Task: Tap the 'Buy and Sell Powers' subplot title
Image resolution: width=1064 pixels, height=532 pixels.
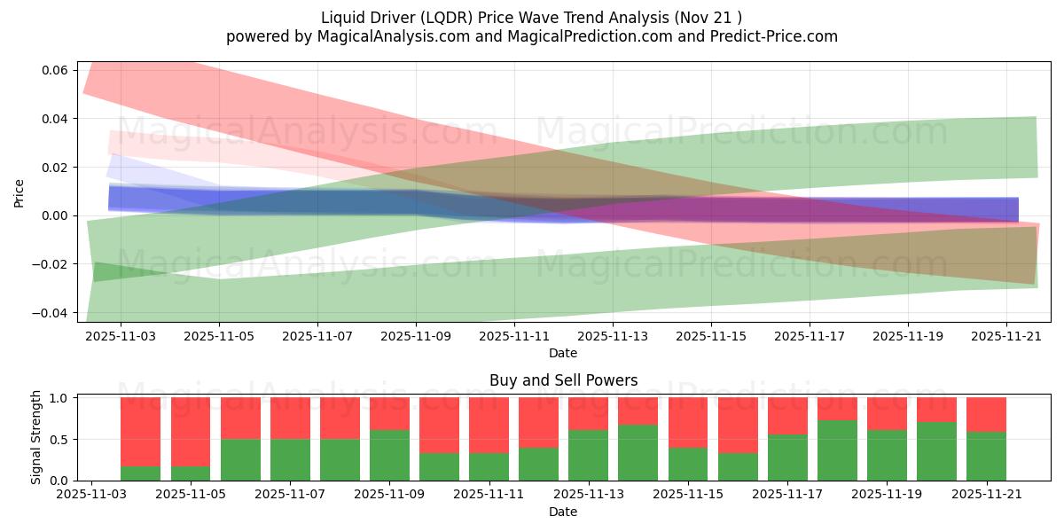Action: (563, 380)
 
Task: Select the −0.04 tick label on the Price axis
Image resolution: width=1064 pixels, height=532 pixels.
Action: (50, 313)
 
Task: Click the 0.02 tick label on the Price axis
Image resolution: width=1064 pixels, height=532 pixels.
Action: (55, 168)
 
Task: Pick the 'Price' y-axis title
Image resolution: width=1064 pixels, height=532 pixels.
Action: (19, 193)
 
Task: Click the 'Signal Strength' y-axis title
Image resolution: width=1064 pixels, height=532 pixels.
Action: (36, 437)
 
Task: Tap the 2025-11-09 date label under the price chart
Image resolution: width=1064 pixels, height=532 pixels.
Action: (416, 336)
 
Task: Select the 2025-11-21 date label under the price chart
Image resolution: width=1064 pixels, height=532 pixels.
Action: (1006, 336)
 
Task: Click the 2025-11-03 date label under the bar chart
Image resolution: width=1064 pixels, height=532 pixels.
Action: (91, 495)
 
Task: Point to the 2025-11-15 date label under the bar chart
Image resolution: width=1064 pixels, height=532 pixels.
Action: (688, 495)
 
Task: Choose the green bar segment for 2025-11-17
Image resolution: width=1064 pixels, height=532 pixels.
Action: (787, 458)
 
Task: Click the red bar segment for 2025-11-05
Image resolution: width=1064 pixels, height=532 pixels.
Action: (191, 433)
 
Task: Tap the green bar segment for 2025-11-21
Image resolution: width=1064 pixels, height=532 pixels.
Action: (986, 457)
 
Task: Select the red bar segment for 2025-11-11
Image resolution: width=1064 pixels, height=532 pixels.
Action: (489, 426)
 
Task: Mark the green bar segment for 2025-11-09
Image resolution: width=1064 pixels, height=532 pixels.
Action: (389, 456)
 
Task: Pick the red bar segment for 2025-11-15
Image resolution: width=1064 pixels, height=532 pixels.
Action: (688, 423)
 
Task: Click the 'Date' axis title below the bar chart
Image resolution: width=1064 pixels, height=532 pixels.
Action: (563, 512)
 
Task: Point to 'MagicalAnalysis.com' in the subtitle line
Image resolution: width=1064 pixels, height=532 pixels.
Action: (394, 36)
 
